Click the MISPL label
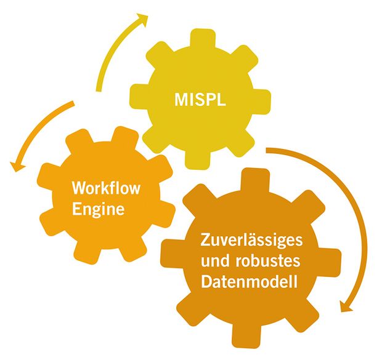pyautogui.click(x=200, y=100)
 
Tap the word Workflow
pyautogui.click(x=106, y=188)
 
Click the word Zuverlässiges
pyautogui.click(x=251, y=241)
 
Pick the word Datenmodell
pyautogui.click(x=249, y=282)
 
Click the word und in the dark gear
pyautogui.click(x=216, y=261)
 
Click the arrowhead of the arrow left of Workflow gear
pyautogui.click(x=17, y=166)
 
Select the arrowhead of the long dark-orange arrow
pyautogui.click(x=346, y=306)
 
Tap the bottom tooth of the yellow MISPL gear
pyautogui.click(x=197, y=161)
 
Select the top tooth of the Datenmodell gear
pyautogui.click(x=255, y=180)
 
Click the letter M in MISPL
pyautogui.click(x=181, y=100)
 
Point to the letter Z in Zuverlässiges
pyautogui.click(x=205, y=240)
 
